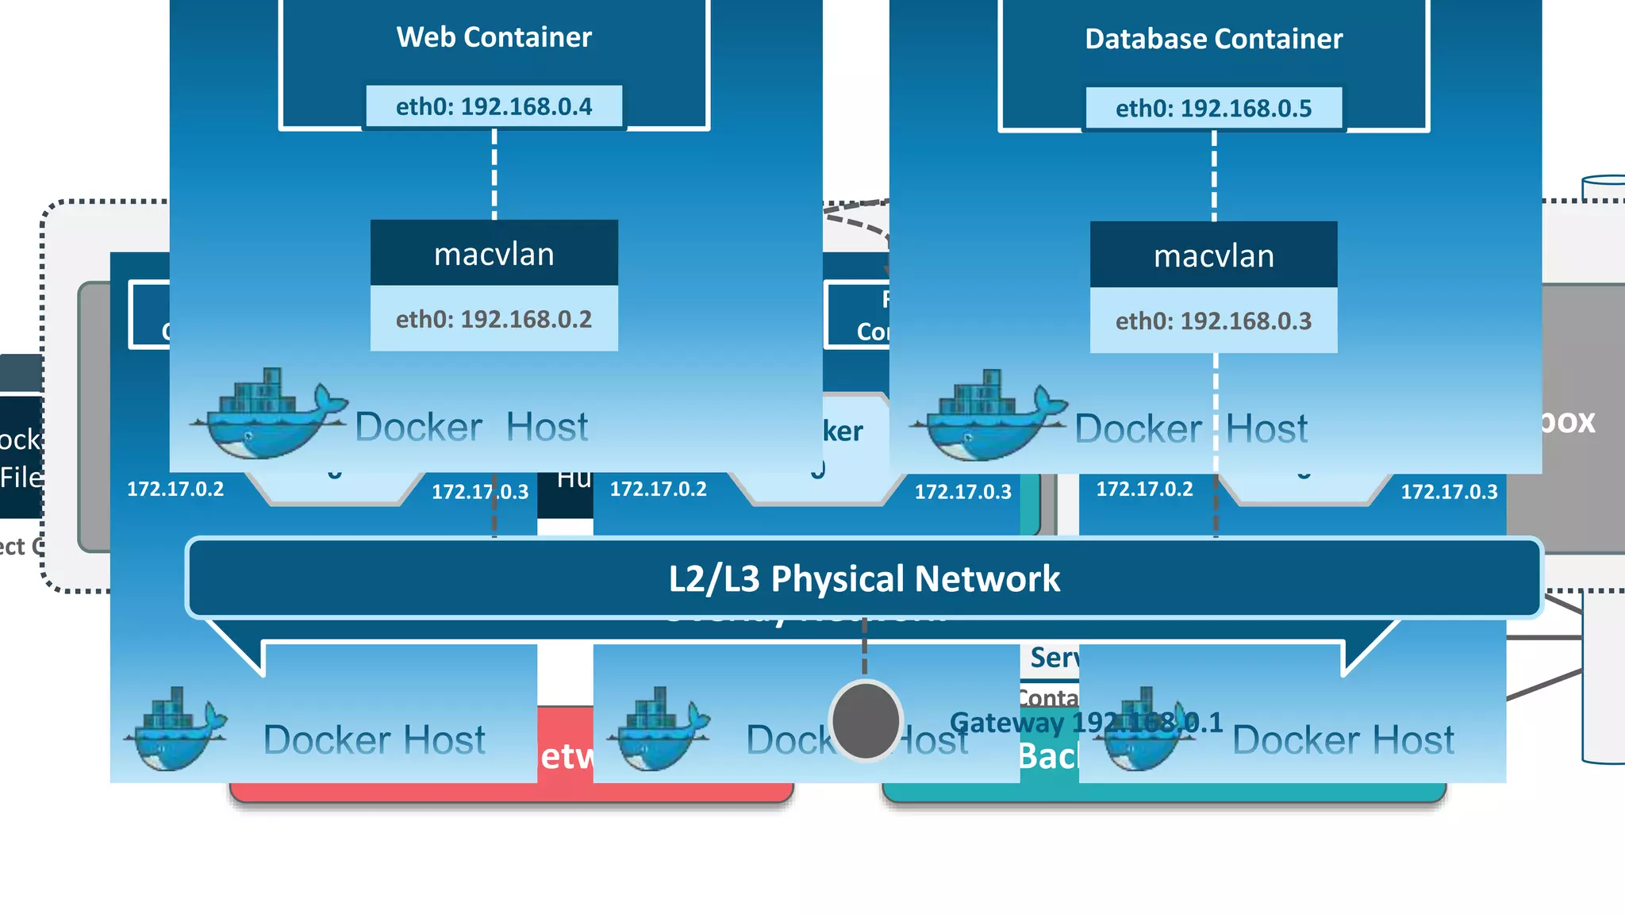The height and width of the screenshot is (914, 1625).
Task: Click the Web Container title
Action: click(494, 37)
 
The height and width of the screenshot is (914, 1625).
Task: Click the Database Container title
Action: click(1213, 39)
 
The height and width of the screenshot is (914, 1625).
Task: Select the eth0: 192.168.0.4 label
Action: click(494, 106)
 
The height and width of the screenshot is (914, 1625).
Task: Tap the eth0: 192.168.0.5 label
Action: click(1213, 108)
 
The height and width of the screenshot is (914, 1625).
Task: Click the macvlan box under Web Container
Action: click(494, 254)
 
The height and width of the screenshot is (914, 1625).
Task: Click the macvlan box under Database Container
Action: click(1213, 255)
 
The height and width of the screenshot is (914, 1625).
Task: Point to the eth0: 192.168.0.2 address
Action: click(494, 319)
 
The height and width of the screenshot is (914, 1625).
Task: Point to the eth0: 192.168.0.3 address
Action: click(1213, 321)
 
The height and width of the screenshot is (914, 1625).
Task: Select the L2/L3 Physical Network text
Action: click(864, 578)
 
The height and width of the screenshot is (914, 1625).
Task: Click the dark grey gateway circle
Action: click(866, 720)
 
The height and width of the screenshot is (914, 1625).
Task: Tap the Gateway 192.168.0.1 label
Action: click(1086, 723)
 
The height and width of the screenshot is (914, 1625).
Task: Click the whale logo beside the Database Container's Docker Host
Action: click(987, 416)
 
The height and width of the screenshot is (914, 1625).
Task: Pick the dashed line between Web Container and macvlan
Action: click(494, 175)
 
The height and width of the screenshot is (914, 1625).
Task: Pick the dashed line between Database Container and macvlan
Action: click(1214, 176)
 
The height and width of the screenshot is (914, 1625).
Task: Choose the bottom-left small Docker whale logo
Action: click(175, 729)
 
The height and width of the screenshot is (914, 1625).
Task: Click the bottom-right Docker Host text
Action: click(1343, 740)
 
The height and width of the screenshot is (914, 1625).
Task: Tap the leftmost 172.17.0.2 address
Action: click(175, 489)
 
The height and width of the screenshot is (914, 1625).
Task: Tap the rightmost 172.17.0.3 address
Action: click(1449, 492)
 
